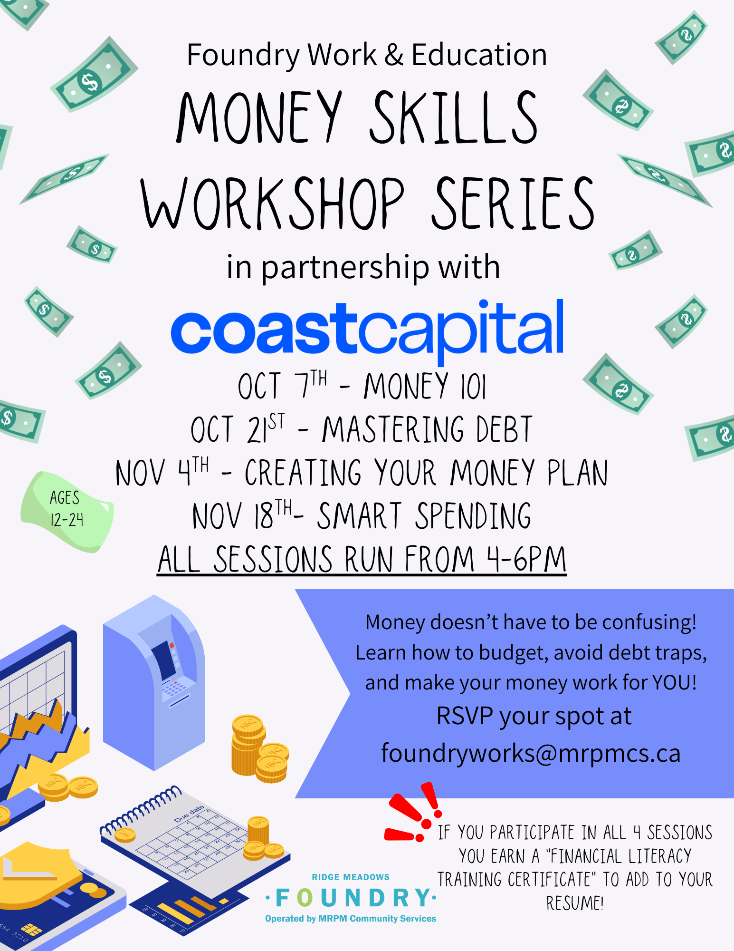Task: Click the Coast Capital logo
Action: tap(367, 330)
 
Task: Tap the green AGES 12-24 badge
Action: tap(67, 512)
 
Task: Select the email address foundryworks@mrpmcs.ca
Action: tap(531, 753)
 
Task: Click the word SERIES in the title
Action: tap(513, 203)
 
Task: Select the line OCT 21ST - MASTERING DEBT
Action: tap(362, 429)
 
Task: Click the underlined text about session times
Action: tap(362, 559)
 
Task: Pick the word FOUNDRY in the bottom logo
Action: tap(351, 898)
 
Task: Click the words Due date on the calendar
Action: tap(189, 814)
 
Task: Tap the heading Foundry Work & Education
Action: tap(367, 55)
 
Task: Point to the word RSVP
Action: tap(465, 716)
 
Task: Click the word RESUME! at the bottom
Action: tap(575, 903)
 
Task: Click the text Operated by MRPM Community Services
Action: tap(351, 919)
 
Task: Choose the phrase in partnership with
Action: tap(363, 267)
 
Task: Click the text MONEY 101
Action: tap(425, 386)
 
